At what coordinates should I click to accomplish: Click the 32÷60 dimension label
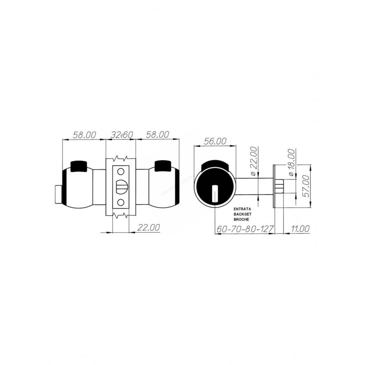point(121,135)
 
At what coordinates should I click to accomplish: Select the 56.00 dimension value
point(215,141)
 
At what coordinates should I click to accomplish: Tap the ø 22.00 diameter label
point(254,161)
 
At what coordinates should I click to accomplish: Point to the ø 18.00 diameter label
point(291,162)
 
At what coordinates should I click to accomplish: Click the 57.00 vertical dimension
point(307,186)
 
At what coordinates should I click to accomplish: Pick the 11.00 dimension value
point(300,229)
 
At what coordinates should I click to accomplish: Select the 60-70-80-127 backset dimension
point(245,229)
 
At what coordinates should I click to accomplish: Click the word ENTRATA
point(242,209)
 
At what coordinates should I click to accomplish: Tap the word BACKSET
point(243,214)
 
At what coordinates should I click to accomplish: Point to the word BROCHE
point(241,219)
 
